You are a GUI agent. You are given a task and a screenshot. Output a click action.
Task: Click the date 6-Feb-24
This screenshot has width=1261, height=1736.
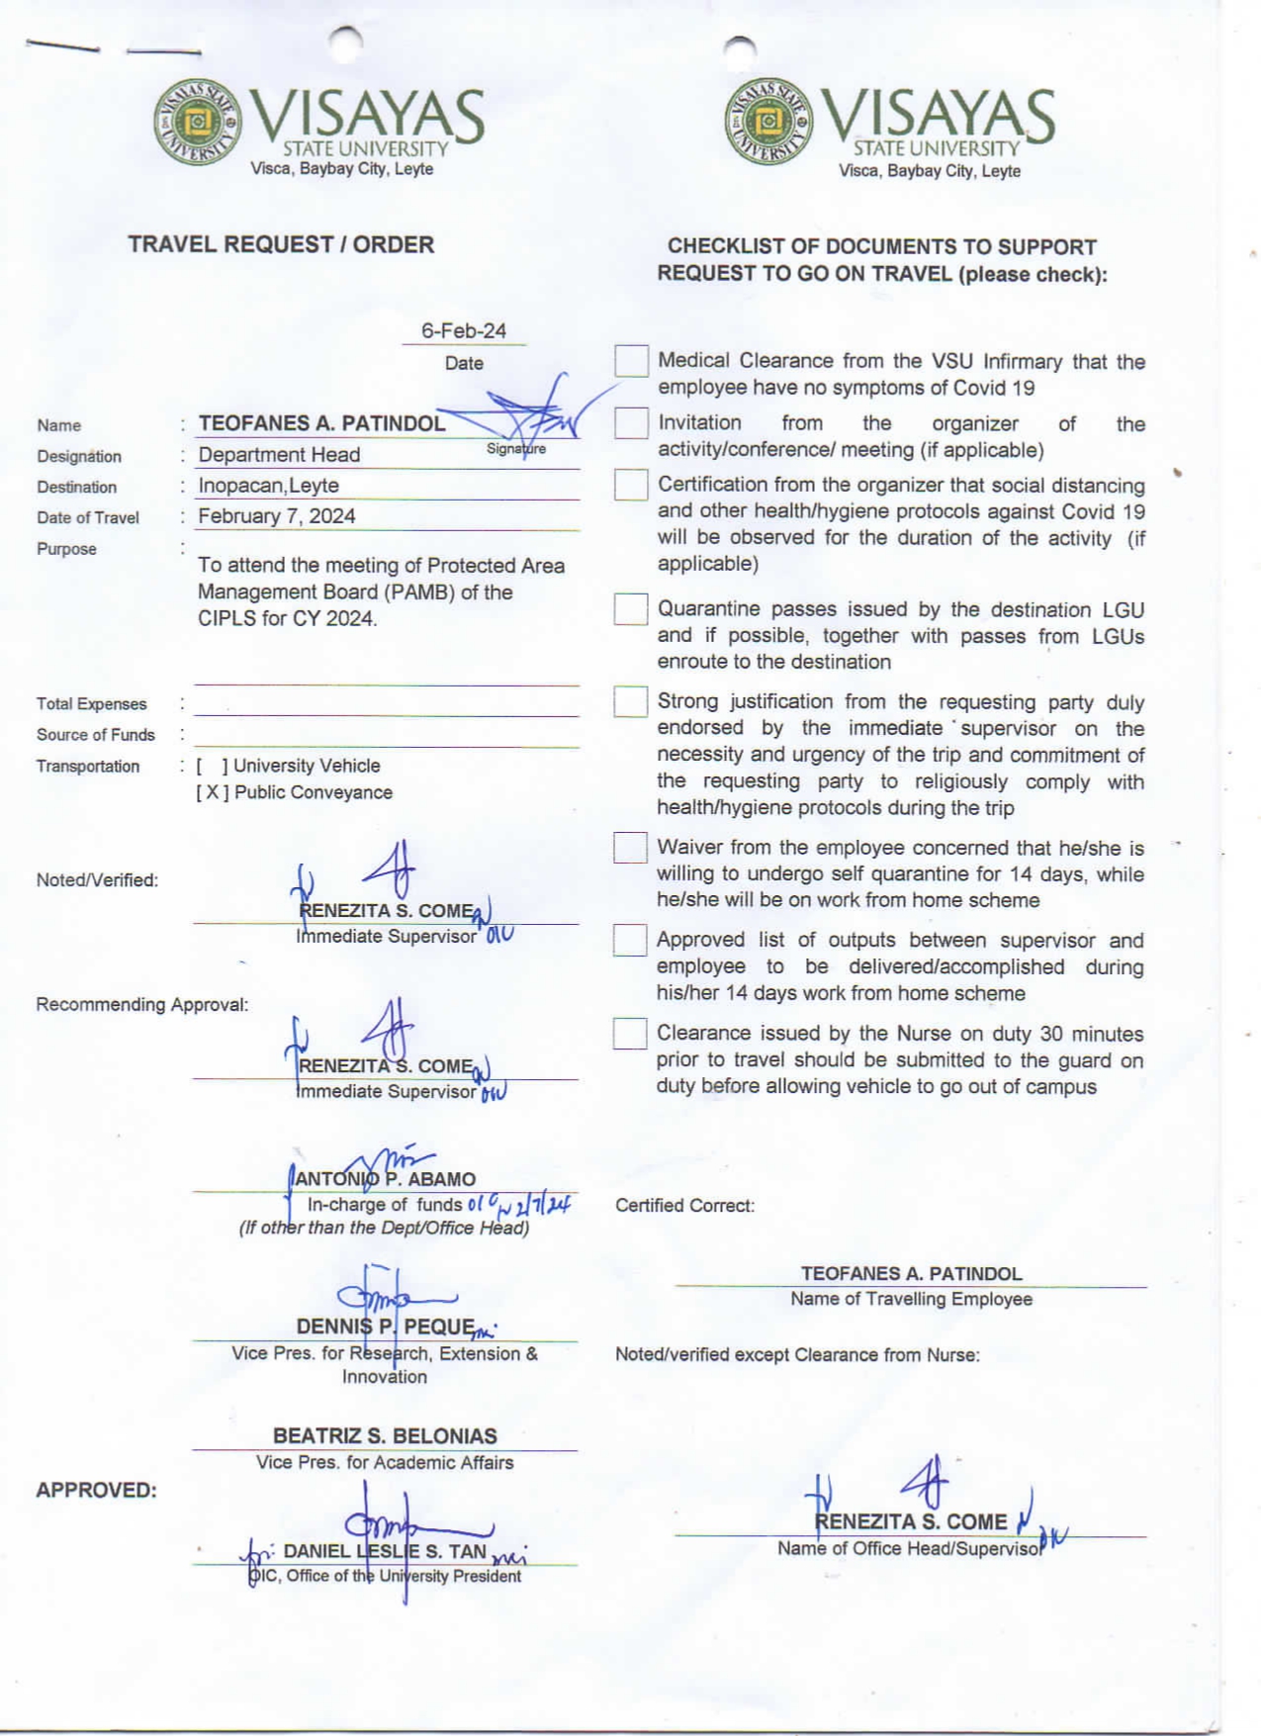(463, 331)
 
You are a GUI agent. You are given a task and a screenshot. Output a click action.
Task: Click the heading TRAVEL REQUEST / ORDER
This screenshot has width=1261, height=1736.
(281, 244)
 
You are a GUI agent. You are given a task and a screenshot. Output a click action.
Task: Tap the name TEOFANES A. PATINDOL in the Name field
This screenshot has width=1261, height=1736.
(321, 423)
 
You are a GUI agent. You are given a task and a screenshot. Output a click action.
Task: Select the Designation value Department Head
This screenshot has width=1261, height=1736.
(279, 455)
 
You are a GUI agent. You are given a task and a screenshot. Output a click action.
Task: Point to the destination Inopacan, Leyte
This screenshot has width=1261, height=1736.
(268, 486)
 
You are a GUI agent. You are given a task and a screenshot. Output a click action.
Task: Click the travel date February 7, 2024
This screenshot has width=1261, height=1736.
(276, 516)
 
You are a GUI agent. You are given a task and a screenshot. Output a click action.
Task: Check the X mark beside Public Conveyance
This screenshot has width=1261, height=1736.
(213, 792)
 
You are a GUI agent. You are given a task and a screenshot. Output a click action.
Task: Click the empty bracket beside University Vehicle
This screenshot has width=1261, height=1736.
(212, 766)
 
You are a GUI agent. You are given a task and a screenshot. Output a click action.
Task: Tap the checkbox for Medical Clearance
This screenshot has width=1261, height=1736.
(631, 361)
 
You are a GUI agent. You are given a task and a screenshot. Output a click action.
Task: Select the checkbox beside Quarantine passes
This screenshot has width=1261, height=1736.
(631, 609)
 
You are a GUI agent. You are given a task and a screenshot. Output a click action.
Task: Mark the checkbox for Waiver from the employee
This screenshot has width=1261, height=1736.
(631, 848)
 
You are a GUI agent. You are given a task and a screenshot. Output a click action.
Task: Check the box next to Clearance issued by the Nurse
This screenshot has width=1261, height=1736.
(630, 1034)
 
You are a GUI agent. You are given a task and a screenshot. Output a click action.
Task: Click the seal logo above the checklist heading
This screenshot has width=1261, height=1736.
(768, 122)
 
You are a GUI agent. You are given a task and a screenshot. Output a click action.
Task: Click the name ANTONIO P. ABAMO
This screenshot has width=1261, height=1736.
(385, 1179)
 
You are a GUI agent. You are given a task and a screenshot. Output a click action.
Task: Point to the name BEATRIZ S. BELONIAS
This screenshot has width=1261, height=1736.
(385, 1435)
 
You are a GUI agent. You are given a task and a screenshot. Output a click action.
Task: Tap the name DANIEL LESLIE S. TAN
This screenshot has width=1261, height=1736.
(385, 1551)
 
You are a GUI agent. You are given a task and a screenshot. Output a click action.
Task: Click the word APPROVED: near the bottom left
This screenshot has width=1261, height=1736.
(96, 1490)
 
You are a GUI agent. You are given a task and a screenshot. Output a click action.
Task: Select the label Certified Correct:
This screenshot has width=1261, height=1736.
(684, 1206)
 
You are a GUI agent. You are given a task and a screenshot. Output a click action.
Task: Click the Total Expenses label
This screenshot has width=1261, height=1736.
(91, 704)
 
